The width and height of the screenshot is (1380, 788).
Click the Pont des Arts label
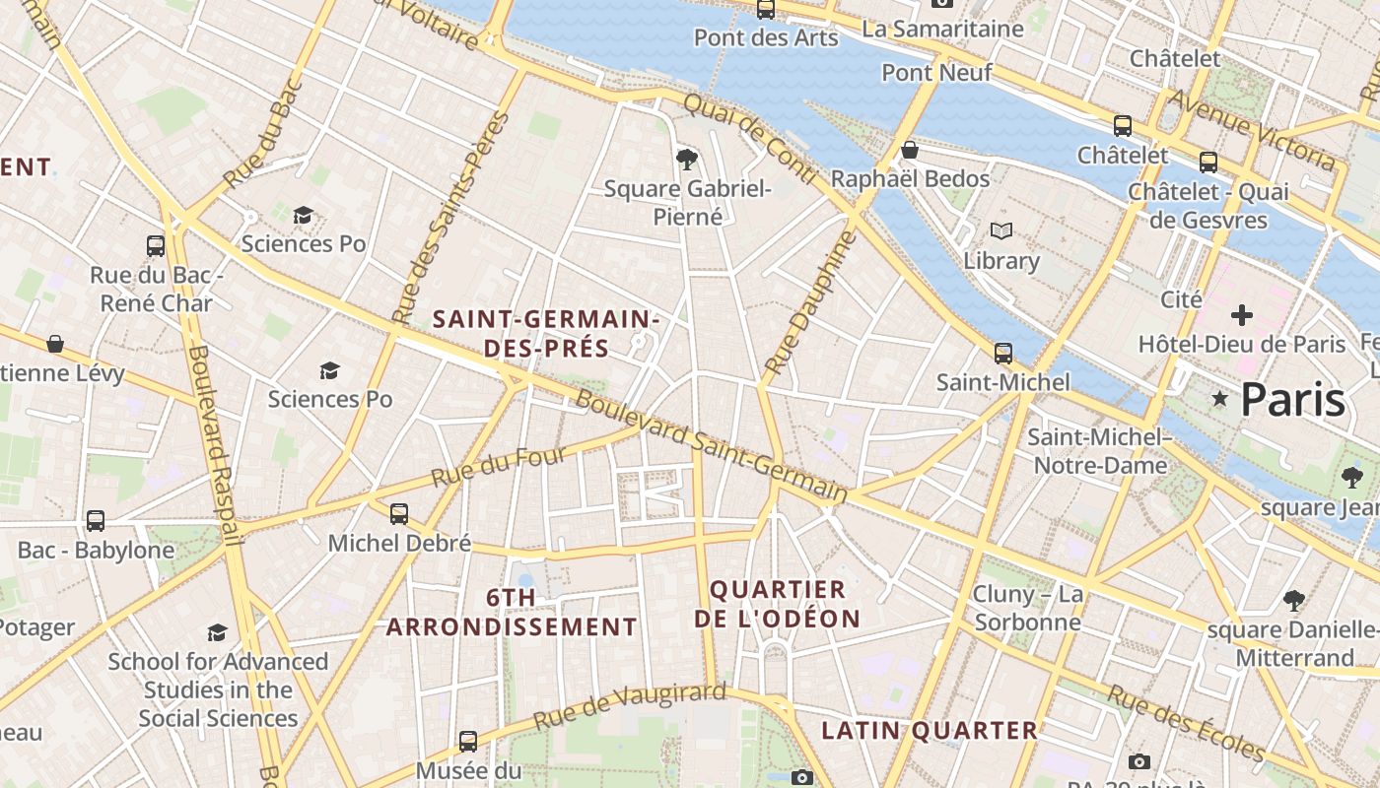click(x=766, y=37)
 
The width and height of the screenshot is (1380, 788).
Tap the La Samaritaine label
click(x=942, y=29)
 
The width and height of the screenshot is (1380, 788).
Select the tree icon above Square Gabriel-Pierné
click(x=687, y=159)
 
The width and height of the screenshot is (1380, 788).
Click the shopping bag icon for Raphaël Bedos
click(x=910, y=150)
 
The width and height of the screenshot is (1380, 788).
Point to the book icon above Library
click(x=1001, y=231)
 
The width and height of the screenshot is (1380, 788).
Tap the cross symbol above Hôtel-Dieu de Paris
click(x=1242, y=315)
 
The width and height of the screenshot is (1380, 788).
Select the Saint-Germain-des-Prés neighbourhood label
click(x=546, y=333)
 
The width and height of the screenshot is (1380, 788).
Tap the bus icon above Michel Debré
click(x=398, y=513)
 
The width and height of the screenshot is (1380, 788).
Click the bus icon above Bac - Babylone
click(x=96, y=520)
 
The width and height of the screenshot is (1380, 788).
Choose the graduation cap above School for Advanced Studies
click(x=217, y=632)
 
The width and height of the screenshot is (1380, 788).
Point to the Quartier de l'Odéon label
click(x=777, y=604)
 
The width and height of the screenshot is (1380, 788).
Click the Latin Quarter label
click(x=929, y=730)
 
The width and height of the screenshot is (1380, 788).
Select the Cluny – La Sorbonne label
click(x=1027, y=608)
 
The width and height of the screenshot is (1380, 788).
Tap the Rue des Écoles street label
click(x=1185, y=723)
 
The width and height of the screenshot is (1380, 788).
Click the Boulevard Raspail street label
click(x=215, y=443)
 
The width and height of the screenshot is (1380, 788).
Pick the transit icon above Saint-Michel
click(x=1003, y=353)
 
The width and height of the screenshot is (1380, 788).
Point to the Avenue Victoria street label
click(x=1251, y=129)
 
